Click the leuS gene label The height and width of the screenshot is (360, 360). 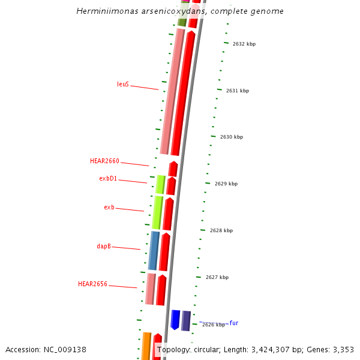(122, 85)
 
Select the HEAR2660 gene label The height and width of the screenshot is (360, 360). (104, 161)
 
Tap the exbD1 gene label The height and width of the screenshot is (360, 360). (108, 179)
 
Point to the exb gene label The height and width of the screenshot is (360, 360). (109, 208)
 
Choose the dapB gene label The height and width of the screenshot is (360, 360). (104, 247)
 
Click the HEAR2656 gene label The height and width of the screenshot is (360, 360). (92, 284)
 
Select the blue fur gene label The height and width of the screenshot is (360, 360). (234, 323)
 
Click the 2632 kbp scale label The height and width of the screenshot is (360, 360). (244, 44)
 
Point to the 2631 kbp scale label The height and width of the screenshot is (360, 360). (238, 91)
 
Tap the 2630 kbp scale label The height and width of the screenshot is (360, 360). (232, 137)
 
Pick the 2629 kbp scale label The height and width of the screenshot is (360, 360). (226, 184)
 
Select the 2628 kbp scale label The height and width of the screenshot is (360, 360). (221, 230)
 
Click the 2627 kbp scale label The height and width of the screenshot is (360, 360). (217, 277)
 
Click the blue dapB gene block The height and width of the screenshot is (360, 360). (154, 250)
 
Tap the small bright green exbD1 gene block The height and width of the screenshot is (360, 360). (160, 184)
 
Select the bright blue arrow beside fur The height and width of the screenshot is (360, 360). (175, 319)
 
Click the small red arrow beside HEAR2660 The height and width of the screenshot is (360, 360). (173, 169)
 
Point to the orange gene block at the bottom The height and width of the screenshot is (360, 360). (146, 346)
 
